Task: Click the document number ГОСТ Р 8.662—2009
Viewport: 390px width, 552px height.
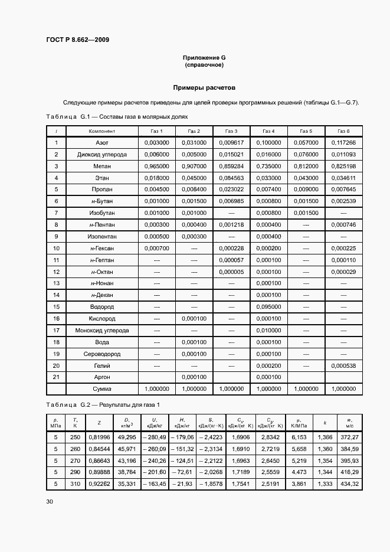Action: (x=77, y=40)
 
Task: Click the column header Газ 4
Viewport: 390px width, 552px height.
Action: (x=268, y=131)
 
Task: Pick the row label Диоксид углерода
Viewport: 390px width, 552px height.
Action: (x=101, y=155)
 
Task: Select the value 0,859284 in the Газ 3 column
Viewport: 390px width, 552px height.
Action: (x=231, y=166)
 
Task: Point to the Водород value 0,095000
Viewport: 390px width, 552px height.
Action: (x=268, y=307)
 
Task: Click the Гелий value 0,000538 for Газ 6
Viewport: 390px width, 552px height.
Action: (x=343, y=365)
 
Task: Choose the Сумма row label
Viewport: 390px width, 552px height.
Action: (x=101, y=389)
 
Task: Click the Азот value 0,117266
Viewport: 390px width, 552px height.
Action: (x=343, y=143)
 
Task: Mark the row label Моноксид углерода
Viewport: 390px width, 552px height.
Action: (x=101, y=331)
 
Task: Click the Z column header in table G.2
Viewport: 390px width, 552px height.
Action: (x=98, y=423)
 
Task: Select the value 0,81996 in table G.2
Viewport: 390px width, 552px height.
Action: (x=98, y=437)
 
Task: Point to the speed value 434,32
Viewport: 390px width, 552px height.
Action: (x=349, y=484)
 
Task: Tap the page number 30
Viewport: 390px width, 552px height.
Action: (x=50, y=502)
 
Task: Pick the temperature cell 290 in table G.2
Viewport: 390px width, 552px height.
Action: (x=75, y=472)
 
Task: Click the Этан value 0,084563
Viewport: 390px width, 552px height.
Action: (x=231, y=178)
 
